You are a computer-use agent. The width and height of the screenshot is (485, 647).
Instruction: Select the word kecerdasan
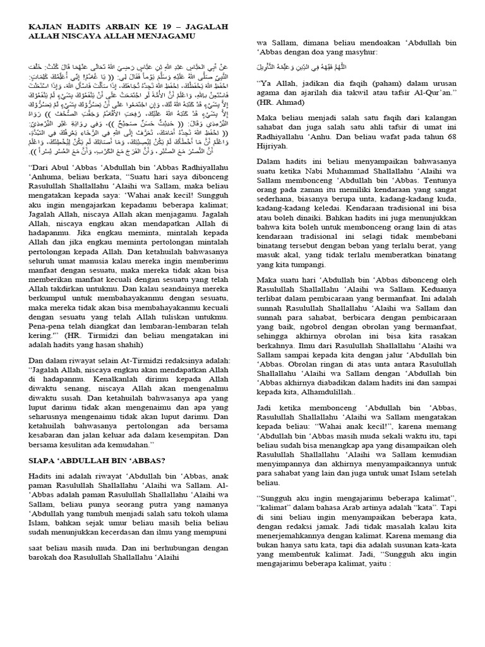pyautogui.click(x=121, y=514)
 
